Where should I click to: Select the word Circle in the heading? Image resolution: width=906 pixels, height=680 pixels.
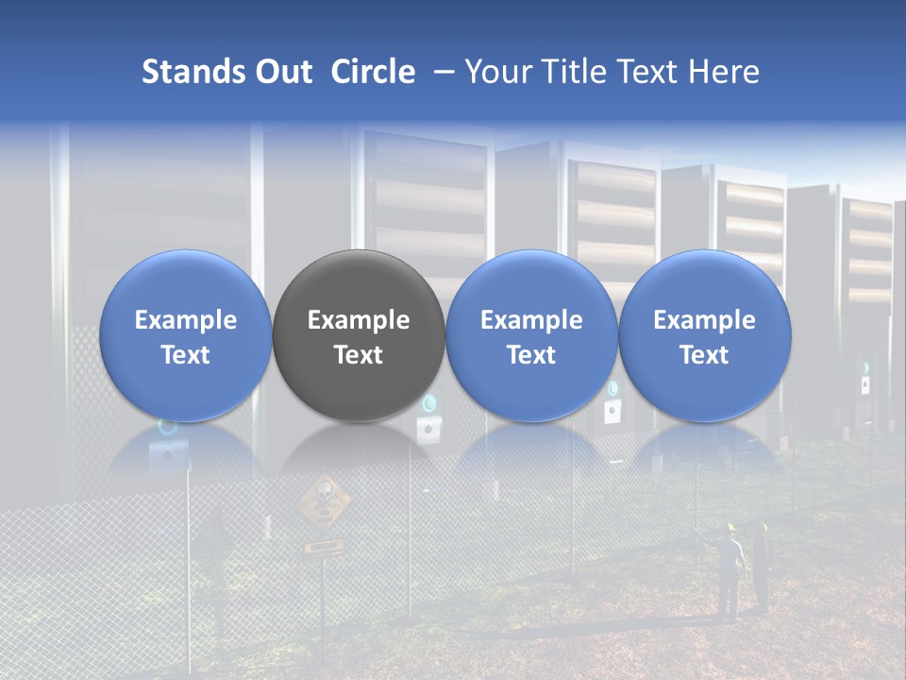point(373,72)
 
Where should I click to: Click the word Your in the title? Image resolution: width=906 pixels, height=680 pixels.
point(495,72)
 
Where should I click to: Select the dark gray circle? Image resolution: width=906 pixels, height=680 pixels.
point(359,335)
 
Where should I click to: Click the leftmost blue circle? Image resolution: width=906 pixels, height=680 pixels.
point(185,335)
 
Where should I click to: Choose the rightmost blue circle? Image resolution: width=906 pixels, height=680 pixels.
point(704,335)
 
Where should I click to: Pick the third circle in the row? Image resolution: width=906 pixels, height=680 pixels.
point(531,335)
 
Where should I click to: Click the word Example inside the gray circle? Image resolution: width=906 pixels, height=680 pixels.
point(359,320)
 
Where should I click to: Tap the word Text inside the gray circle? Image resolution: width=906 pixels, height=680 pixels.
point(359,355)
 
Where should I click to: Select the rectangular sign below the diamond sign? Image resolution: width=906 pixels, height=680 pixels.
point(323,547)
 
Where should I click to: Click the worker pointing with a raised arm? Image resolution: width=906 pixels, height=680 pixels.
point(727,571)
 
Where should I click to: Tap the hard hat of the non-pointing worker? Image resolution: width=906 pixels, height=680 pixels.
point(763,527)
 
